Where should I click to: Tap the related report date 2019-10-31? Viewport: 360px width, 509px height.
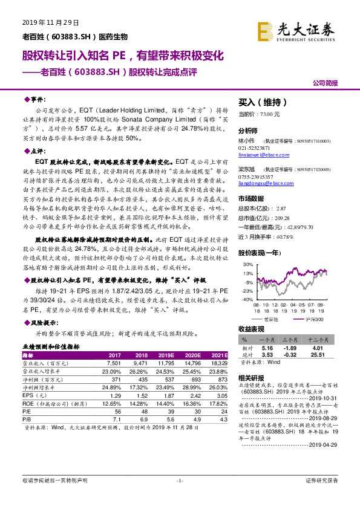click(x=329, y=398)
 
